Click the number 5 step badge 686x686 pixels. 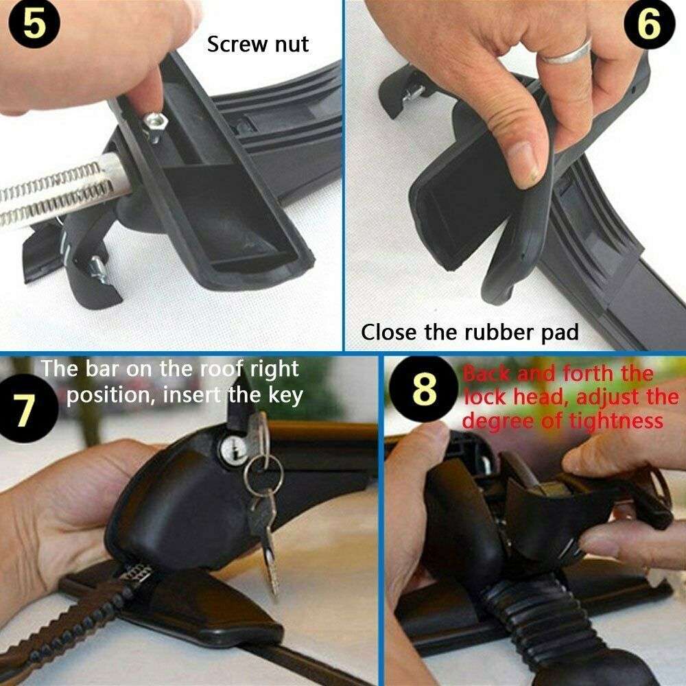point(34,23)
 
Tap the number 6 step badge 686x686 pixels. point(649,24)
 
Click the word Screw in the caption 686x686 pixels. point(234,44)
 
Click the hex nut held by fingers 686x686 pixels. point(155,124)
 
